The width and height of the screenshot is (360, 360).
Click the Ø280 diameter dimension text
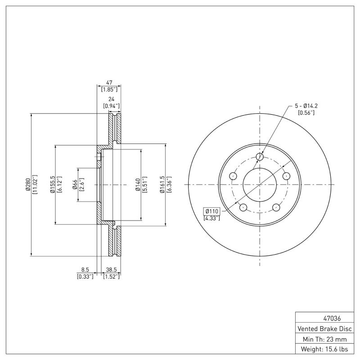click(x=27, y=184)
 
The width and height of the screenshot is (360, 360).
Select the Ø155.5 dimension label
click(x=52, y=184)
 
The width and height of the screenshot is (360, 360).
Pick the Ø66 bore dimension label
click(x=75, y=184)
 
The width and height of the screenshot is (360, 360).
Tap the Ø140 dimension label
click(x=138, y=184)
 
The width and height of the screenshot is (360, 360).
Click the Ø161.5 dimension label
click(x=162, y=184)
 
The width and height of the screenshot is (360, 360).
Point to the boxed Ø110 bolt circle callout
click(x=211, y=211)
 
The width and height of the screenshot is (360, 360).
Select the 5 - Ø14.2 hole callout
click(x=306, y=106)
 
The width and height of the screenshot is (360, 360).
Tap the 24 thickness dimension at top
click(x=111, y=99)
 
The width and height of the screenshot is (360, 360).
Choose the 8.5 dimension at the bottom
click(x=85, y=270)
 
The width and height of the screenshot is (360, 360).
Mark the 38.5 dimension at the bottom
click(x=111, y=270)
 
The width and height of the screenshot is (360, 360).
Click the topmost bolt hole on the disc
click(x=260, y=157)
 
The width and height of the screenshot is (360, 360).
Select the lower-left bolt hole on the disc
click(x=243, y=207)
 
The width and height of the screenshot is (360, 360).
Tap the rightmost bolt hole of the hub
click(x=286, y=176)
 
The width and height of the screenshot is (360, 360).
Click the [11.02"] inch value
click(x=34, y=184)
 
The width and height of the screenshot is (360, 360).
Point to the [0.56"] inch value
click(x=306, y=112)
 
